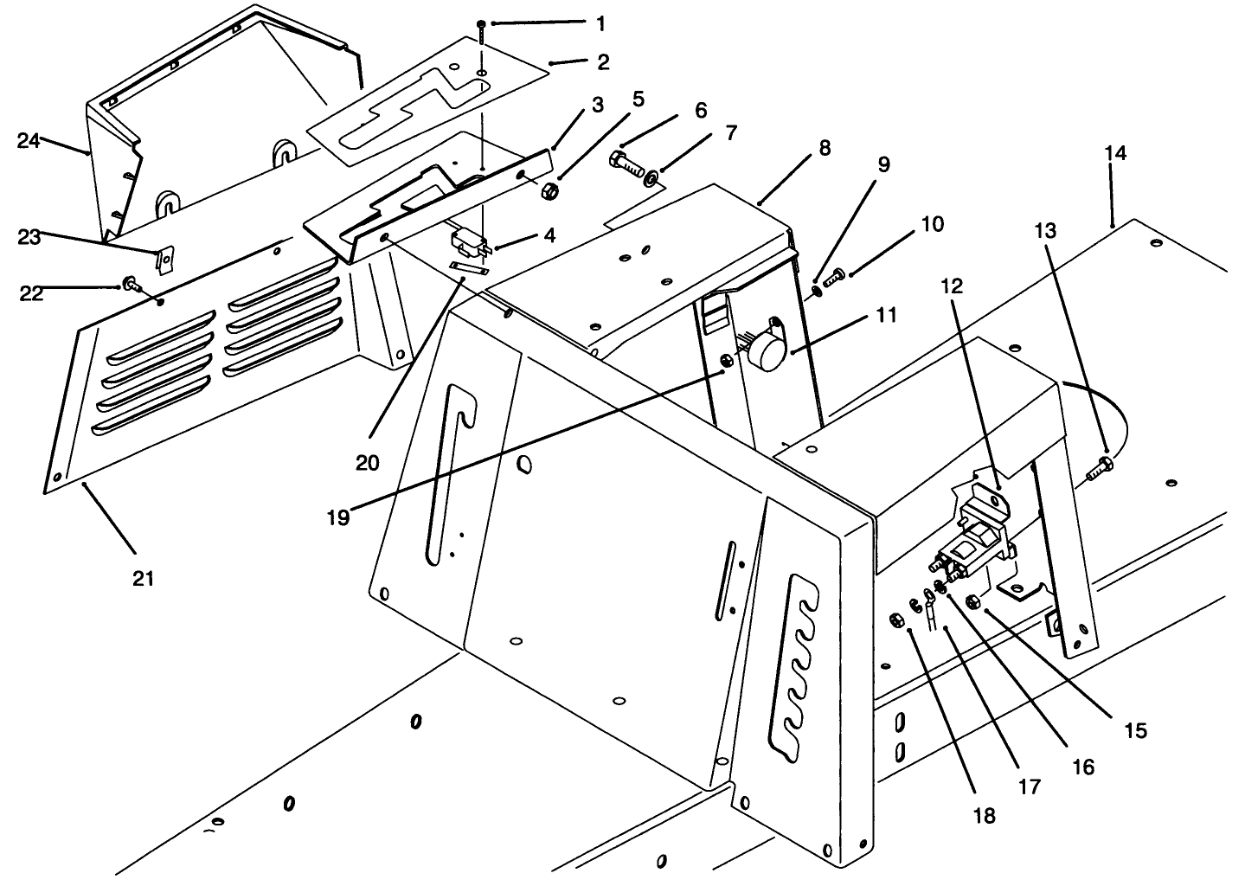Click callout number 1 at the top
coord(600,23)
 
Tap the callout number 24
coord(29,140)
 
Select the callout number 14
coord(1115,153)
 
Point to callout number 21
coord(143,577)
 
